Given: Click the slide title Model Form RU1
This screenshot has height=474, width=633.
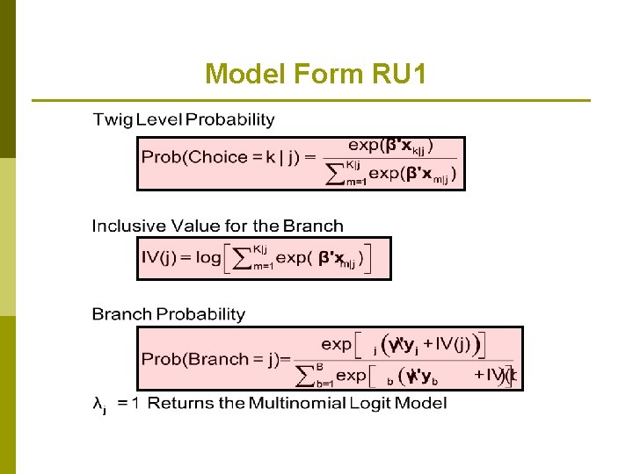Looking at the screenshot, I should tap(316, 75).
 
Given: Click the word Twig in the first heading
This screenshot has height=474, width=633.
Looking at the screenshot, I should tap(112, 119).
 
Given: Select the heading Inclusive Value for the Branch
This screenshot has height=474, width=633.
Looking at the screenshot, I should tap(217, 226).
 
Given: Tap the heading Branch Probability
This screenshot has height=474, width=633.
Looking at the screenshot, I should tap(168, 314).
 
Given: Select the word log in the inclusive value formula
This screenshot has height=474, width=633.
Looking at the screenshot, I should tap(208, 258).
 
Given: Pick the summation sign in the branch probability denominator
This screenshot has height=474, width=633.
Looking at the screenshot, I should tap(304, 376).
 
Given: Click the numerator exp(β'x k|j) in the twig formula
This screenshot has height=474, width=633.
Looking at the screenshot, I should tap(390, 145).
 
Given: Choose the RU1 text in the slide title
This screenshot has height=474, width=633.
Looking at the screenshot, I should tap(395, 75).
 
